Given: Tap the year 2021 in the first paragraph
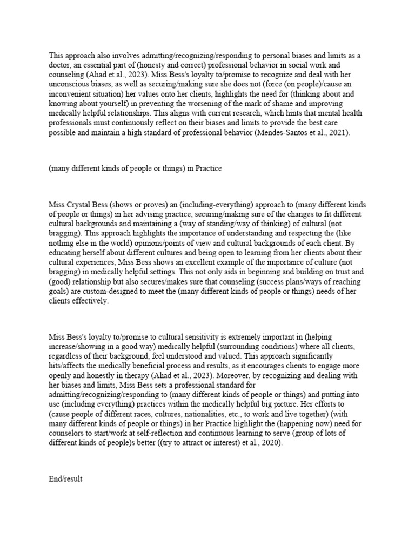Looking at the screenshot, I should click(x=338, y=133).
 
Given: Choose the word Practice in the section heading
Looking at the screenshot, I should click(x=206, y=168).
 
